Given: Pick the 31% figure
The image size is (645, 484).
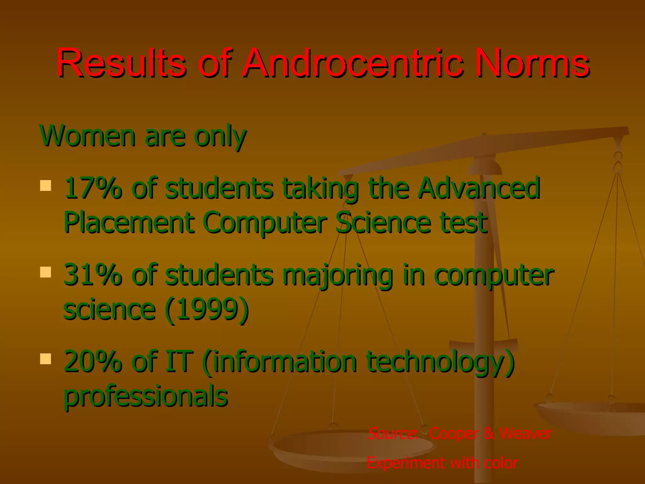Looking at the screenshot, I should (x=93, y=275).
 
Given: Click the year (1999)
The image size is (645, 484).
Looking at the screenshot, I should (x=207, y=310).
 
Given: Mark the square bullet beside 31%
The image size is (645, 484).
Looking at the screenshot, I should (x=46, y=272).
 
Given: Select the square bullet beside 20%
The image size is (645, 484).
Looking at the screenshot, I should (x=46, y=359).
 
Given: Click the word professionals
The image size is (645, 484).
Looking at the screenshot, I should (x=146, y=396).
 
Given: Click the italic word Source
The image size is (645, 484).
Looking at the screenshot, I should (x=392, y=433).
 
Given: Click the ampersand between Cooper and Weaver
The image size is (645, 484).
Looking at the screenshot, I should (x=489, y=433).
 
